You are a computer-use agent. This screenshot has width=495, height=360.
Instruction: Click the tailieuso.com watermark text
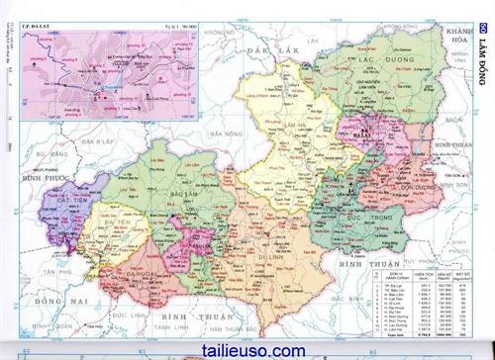point(235,349)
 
